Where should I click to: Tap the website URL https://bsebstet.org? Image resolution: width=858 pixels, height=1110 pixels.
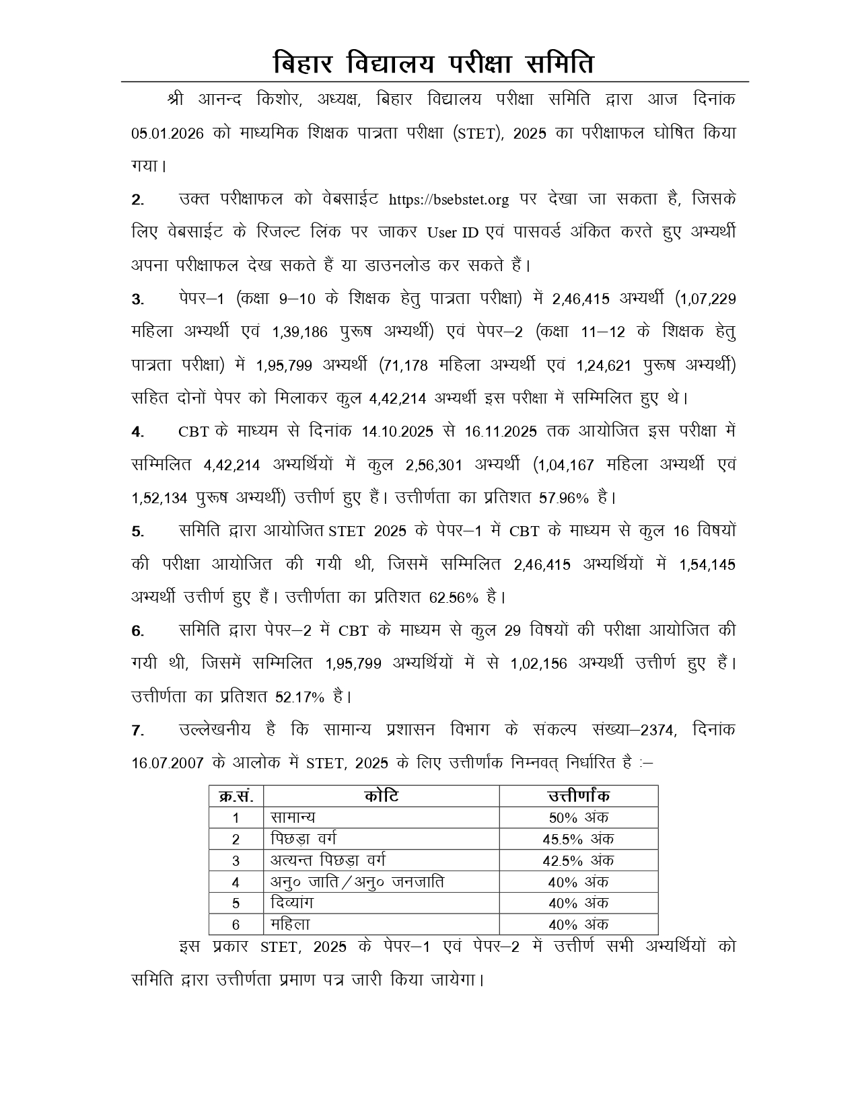[449, 200]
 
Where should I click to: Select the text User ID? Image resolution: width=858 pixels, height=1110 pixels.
[453, 233]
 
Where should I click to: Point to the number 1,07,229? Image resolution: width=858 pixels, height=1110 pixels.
[707, 299]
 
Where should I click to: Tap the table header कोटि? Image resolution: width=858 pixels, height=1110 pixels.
[381, 797]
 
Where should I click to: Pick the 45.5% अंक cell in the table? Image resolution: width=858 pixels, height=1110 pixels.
[578, 840]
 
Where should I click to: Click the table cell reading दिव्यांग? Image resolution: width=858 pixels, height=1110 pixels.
[292, 903]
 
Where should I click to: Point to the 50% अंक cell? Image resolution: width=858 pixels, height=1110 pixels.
[578, 818]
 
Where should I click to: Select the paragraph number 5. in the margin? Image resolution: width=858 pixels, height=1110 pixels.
[138, 531]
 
